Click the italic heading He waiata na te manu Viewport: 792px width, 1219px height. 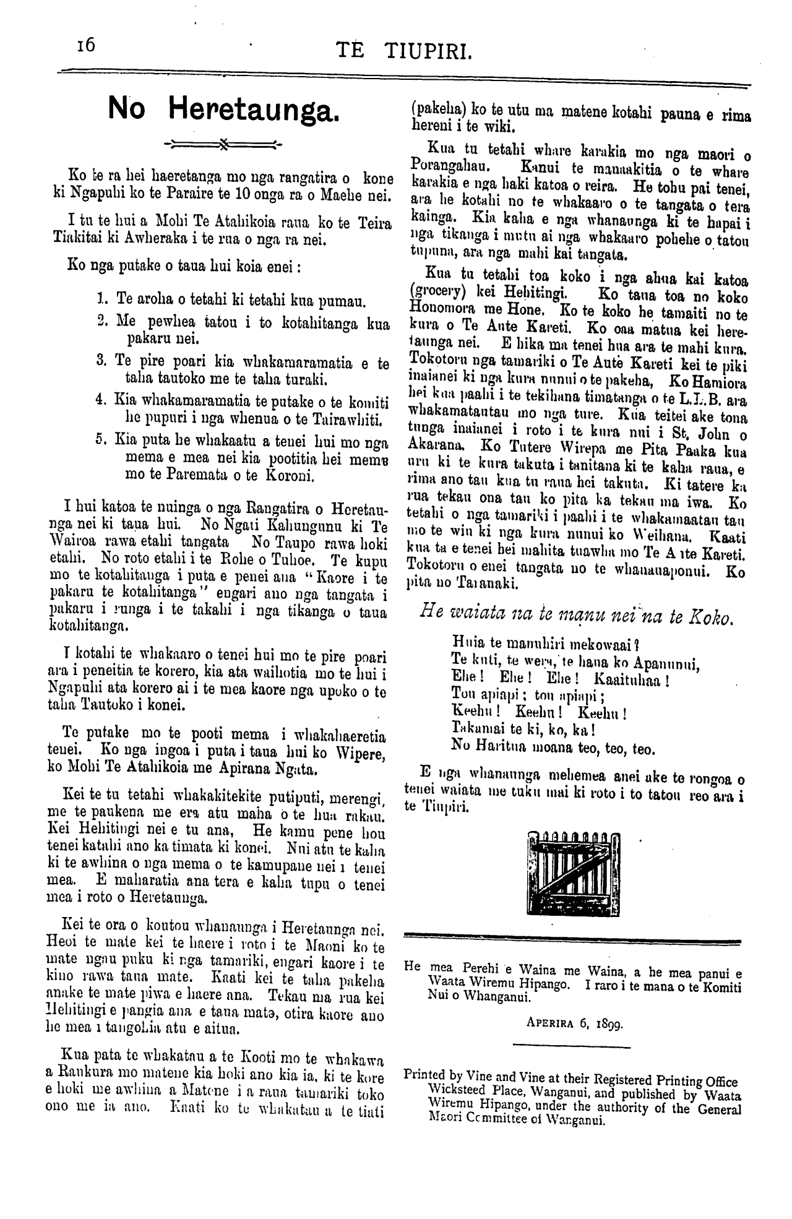click(575, 616)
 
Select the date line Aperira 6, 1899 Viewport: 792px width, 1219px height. click(575, 1022)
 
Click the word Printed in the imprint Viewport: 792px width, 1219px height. click(424, 1075)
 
